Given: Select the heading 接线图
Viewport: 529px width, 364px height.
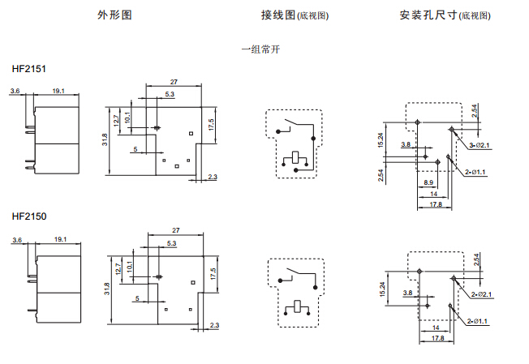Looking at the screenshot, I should click(276, 15).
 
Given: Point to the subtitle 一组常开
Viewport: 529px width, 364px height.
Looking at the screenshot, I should click(261, 49).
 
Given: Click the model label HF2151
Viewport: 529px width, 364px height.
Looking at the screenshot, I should click(29, 70).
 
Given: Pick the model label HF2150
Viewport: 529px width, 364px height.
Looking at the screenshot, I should click(29, 216).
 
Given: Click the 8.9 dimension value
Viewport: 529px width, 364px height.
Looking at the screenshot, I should click(428, 184).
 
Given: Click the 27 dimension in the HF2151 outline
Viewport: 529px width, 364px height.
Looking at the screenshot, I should click(174, 82).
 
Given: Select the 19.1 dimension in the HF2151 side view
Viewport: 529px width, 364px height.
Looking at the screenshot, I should click(58, 92).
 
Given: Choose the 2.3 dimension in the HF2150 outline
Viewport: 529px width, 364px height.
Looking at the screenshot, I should click(213, 325).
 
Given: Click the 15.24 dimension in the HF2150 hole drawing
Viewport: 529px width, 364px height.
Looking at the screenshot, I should click(381, 289).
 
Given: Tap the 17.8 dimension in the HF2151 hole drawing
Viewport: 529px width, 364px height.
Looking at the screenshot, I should click(436, 204).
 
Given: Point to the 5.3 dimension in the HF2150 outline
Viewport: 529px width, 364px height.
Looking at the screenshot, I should click(171, 243).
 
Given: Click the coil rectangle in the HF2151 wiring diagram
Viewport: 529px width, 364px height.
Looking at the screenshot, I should click(296, 157).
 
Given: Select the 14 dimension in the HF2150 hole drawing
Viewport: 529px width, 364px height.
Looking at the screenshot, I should click(435, 328).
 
